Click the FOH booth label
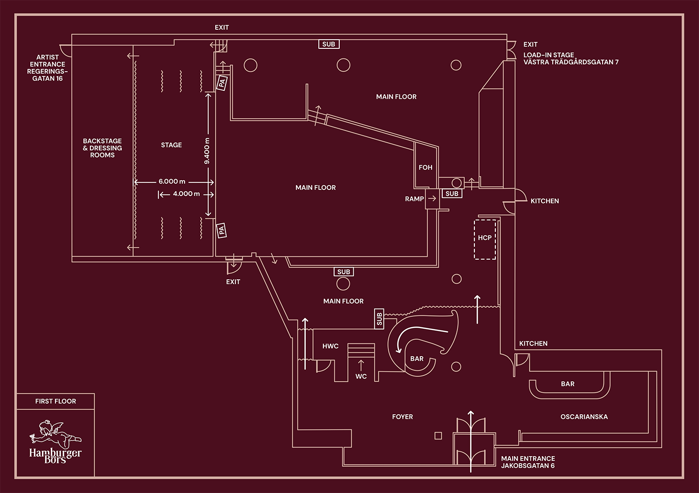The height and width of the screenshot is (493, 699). (425, 168)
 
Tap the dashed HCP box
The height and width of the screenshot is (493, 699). (485, 239)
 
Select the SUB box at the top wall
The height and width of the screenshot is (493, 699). (329, 44)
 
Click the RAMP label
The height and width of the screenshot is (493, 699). (414, 199)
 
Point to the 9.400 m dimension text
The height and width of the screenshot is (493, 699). (207, 151)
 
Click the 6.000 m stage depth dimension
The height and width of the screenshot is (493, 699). (171, 182)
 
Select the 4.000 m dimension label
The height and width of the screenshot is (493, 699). (186, 194)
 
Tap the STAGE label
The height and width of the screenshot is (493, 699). (171, 145)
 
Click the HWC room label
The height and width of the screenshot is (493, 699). (330, 346)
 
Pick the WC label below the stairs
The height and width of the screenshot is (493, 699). (361, 376)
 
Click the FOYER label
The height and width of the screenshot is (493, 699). (402, 417)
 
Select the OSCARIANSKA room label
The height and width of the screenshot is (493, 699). (584, 417)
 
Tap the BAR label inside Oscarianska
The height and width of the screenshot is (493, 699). (568, 384)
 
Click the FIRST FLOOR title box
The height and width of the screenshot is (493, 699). (55, 401)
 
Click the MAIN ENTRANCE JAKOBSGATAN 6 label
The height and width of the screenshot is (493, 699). (528, 462)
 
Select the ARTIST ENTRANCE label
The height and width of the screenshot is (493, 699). (47, 68)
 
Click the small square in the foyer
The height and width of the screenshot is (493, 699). (438, 436)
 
